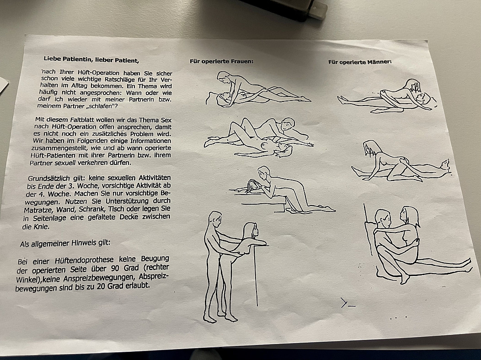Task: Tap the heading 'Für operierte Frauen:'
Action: pyautogui.click(x=221, y=61)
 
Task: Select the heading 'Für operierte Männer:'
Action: pyautogui.click(x=360, y=62)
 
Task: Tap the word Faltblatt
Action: pyautogui.click(x=80, y=120)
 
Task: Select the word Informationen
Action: pyautogui.click(x=150, y=141)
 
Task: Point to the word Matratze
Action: pyautogui.click(x=36, y=210)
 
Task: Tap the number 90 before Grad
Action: pyautogui.click(x=115, y=269)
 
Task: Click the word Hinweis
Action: pyautogui.click(x=83, y=243)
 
